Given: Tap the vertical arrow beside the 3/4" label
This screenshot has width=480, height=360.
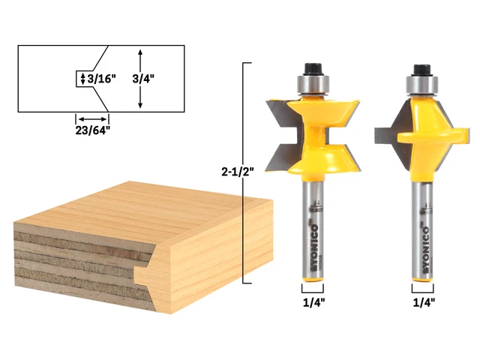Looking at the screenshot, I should coord(140,78).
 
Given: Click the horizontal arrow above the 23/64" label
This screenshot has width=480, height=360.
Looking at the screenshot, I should coord(91,118).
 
